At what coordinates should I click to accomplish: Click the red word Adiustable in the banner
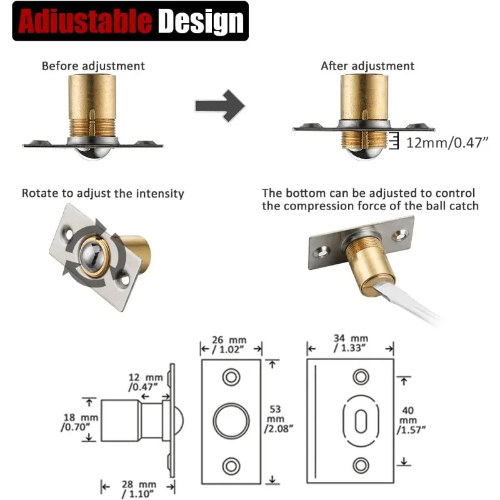[x=85, y=21]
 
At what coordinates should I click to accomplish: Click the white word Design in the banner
[x=201, y=21]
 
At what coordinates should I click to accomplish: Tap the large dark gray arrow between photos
[x=220, y=106]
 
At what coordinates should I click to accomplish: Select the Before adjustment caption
[x=93, y=66]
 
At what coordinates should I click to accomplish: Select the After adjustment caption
[x=367, y=66]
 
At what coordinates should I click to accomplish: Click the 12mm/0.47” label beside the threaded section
[x=447, y=142]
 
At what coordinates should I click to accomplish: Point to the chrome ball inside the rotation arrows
[x=92, y=255]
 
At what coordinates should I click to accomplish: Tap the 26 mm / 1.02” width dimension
[x=229, y=345]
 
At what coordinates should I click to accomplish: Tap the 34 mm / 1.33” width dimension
[x=351, y=343]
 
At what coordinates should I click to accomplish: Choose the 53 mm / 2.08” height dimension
[x=278, y=419]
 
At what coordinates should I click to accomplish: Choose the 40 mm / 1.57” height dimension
[x=411, y=420]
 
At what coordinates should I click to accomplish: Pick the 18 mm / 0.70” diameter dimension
[x=80, y=422]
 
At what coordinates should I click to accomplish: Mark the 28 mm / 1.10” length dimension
[x=138, y=489]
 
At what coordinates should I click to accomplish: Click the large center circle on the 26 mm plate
[x=231, y=421]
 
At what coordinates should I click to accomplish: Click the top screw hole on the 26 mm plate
[x=231, y=377]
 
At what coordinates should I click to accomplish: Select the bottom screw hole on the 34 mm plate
[x=361, y=465]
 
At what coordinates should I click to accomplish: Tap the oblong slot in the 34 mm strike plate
[x=361, y=421]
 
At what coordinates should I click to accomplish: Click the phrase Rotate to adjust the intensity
[x=102, y=194]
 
